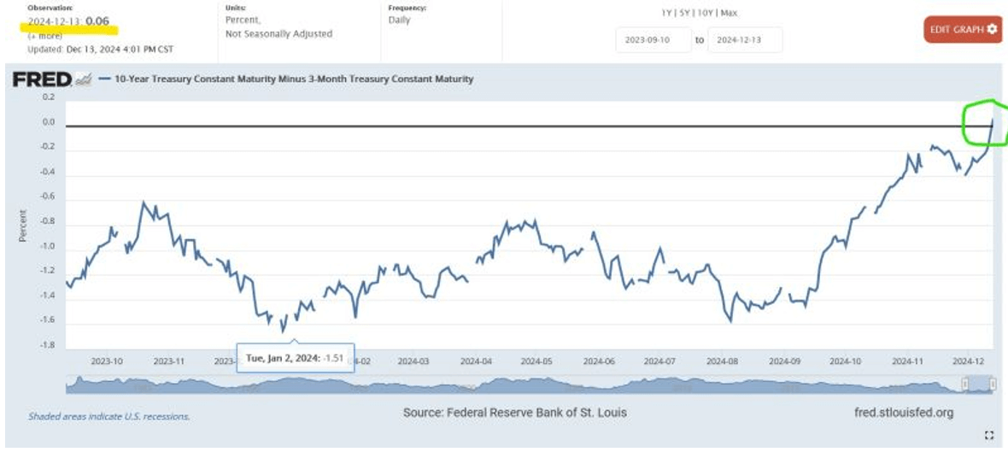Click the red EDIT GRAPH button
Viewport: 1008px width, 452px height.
point(962,29)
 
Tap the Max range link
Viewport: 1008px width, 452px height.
point(729,13)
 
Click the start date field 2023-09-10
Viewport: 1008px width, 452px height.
point(653,40)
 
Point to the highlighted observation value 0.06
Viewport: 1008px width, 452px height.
point(97,21)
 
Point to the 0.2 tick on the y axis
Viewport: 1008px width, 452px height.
point(48,97)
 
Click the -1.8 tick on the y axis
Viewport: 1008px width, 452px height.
point(48,344)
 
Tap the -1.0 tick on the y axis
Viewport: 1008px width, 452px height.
point(48,246)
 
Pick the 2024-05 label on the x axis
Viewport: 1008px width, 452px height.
point(536,361)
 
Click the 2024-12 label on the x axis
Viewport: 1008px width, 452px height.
point(969,361)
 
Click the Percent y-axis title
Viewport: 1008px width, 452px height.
point(23,226)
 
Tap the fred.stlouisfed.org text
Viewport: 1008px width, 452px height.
point(903,413)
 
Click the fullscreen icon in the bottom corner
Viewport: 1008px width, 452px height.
point(989,436)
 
